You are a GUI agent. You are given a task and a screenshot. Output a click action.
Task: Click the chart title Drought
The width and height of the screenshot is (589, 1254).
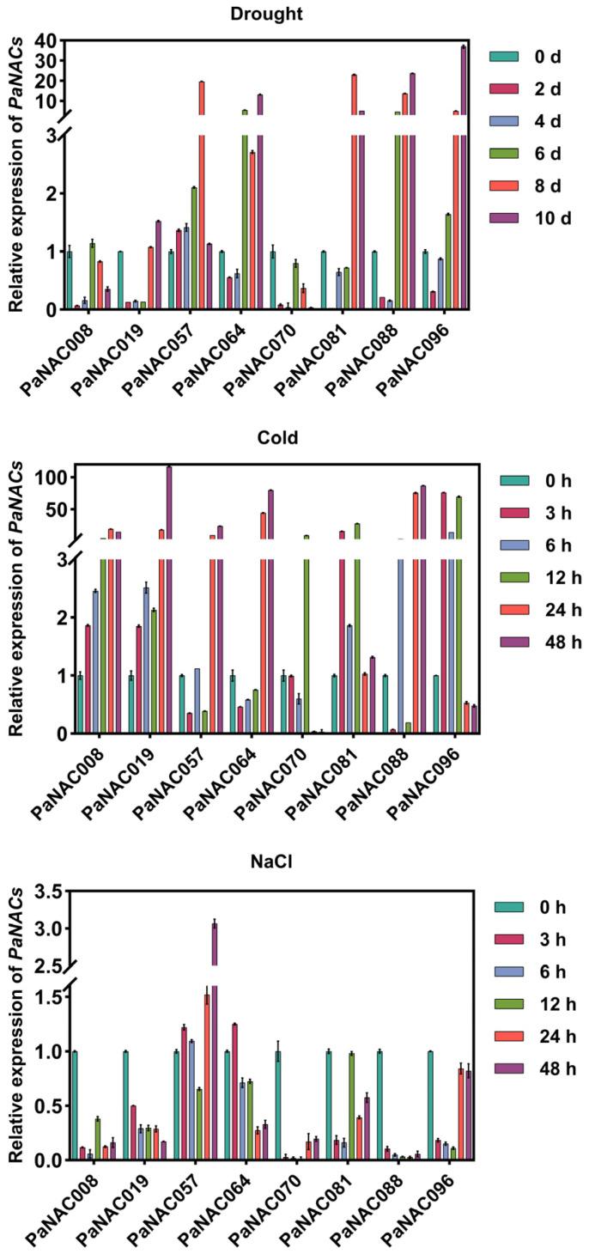(267, 13)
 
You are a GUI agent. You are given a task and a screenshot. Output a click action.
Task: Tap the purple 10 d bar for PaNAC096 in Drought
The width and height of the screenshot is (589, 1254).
(464, 172)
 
